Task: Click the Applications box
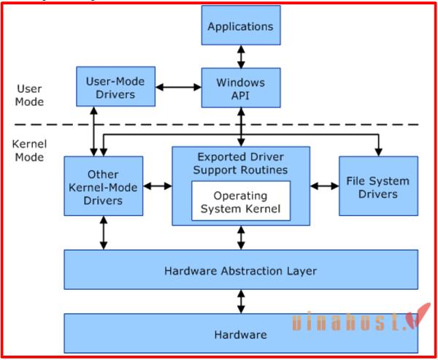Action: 240,27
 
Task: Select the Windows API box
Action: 240,87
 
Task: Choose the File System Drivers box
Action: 377,186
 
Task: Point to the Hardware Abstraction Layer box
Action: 240,270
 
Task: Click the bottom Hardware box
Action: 240,335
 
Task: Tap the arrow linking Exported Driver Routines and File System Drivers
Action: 324,186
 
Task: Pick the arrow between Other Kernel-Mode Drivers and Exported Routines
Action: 157,186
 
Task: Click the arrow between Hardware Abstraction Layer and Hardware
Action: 240,302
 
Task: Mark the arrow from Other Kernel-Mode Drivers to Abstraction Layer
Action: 103,233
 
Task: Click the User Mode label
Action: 29,94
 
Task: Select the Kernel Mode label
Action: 29,150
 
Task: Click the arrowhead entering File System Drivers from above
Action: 377,151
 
